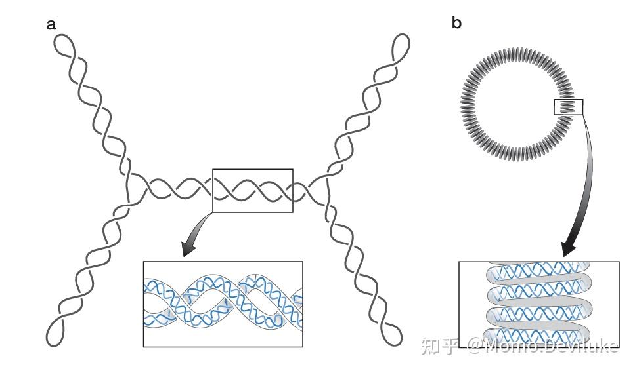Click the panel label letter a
(51, 25)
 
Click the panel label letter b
(457, 24)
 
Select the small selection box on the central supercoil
(252, 190)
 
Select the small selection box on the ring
(569, 107)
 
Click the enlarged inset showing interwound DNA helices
(223, 303)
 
